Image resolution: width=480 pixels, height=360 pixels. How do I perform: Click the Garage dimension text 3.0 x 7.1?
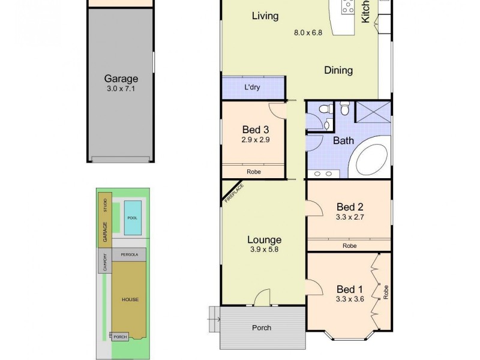point(121,89)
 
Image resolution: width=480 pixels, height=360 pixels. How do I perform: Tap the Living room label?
point(265,16)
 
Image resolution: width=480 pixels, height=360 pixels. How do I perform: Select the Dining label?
point(338,70)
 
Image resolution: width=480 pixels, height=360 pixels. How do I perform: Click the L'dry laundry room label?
point(252,88)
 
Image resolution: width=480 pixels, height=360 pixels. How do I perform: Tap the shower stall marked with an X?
point(372,112)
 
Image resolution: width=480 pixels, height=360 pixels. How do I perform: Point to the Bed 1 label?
point(348,287)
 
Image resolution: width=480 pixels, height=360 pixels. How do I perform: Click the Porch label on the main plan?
point(261,328)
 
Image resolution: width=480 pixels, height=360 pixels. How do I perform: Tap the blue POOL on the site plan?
point(132,217)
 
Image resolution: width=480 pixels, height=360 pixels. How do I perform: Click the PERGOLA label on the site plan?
point(129,254)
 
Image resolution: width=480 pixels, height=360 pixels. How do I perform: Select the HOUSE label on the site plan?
point(129,299)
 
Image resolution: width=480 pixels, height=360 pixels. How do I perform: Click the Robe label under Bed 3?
point(253,172)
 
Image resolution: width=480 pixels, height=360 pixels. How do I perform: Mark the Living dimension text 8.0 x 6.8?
point(308,33)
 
